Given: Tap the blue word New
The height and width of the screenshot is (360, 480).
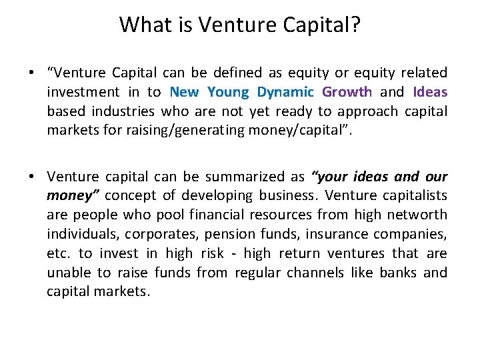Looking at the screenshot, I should (185, 92).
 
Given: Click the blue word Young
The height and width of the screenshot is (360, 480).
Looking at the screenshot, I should (227, 92).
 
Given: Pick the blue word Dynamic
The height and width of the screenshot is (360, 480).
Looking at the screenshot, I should (285, 92).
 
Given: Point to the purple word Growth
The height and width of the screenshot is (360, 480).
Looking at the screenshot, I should (347, 92).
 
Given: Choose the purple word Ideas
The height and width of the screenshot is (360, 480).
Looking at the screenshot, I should (430, 92).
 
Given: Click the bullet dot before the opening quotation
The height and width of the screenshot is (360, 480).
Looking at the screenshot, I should (32, 73).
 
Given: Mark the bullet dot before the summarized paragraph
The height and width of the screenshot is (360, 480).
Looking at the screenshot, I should (32, 177).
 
